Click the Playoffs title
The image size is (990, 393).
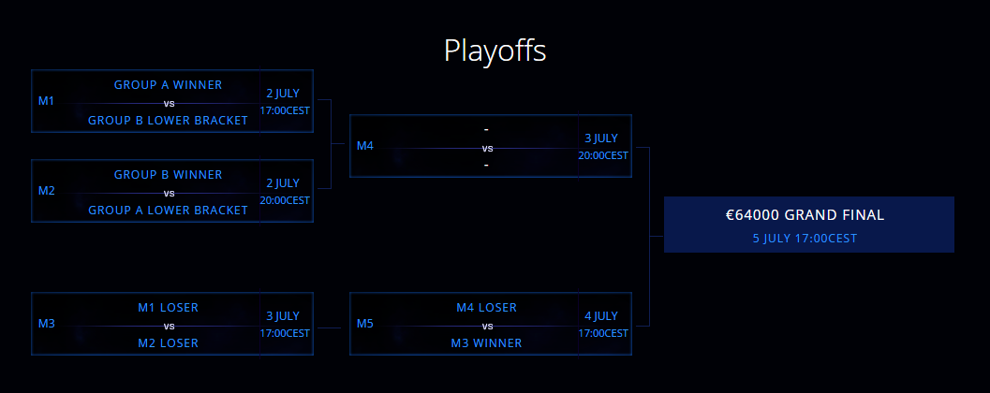[495, 51]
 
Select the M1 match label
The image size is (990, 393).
[46, 101]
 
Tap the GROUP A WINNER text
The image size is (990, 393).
[168, 84]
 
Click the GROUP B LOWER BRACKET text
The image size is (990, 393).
[168, 121]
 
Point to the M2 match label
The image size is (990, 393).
[47, 191]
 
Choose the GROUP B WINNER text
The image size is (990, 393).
[168, 175]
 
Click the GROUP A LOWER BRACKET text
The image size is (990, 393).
[168, 210]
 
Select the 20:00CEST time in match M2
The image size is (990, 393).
[285, 200]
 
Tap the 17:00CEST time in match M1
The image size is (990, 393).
[285, 110]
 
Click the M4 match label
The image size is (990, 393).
[365, 146]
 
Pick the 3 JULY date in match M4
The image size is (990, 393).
[601, 138]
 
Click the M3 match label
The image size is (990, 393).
[47, 324]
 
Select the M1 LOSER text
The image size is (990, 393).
[168, 308]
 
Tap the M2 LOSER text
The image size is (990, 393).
[168, 343]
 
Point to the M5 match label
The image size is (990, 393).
[365, 324]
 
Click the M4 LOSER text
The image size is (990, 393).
[487, 308]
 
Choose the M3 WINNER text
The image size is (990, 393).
[487, 343]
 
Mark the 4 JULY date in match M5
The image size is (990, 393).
[601, 316]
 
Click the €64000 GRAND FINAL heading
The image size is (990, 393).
[805, 215]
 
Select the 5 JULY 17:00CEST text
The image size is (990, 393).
[805, 239]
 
